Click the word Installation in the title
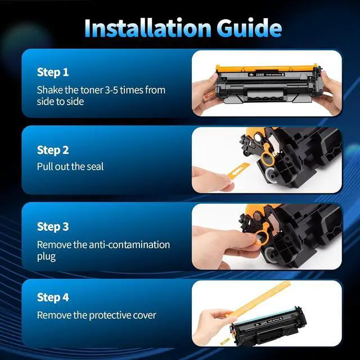pyautogui.click(x=147, y=28)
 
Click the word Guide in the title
pyautogui.click(x=249, y=28)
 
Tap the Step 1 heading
pyautogui.click(x=53, y=72)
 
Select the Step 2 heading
pyautogui.click(x=53, y=150)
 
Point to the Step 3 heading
pyautogui.click(x=53, y=226)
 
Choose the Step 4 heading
pyautogui.click(x=53, y=297)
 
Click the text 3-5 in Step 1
pyautogui.click(x=111, y=90)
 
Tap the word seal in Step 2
pyautogui.click(x=95, y=166)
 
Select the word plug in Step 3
pyautogui.click(x=46, y=257)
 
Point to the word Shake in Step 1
pyautogui.click(x=49, y=90)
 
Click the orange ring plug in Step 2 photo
pyautogui.click(x=266, y=156)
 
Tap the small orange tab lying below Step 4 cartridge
pyautogui.click(x=225, y=341)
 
